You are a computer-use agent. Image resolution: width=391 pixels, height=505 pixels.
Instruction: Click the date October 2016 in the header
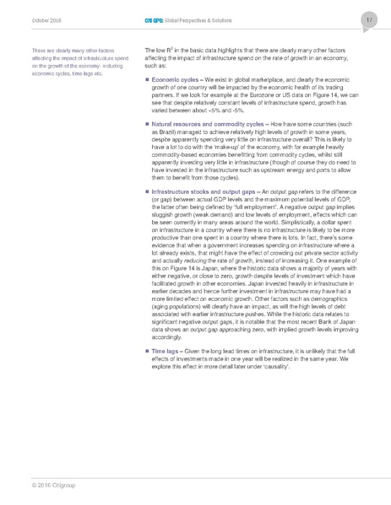click(40, 19)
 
